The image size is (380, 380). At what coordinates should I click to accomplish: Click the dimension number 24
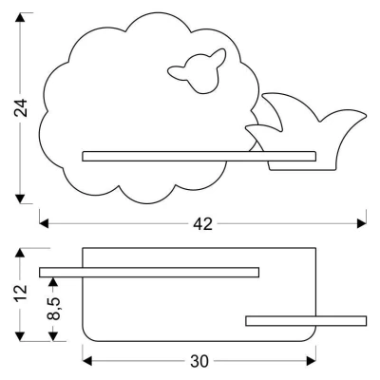point(21,108)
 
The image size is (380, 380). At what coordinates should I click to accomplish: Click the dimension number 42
point(202,224)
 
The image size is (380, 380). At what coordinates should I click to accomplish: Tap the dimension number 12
point(21,294)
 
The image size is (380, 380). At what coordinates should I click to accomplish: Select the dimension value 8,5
point(54,309)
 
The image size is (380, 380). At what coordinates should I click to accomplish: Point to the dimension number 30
point(199,361)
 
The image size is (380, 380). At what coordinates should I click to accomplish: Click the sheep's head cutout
point(197,71)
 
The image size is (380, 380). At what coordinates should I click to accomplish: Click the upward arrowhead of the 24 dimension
point(20,18)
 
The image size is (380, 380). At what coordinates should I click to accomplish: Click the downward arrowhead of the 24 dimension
point(20,199)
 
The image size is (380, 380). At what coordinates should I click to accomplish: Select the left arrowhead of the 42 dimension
point(44,223)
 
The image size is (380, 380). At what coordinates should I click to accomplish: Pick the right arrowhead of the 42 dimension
point(362,223)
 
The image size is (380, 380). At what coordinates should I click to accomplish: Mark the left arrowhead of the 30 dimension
point(87,360)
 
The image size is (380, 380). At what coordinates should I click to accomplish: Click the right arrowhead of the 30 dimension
point(312,360)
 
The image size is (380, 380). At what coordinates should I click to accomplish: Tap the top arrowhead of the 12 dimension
point(20,253)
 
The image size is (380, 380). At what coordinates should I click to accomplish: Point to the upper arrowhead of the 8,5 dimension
point(53,282)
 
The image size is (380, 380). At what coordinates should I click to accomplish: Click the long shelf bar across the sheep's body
point(199,157)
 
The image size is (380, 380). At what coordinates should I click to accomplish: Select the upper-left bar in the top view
point(149,273)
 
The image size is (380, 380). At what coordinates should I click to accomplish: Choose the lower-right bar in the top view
point(306,321)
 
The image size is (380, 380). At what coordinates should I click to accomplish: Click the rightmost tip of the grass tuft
point(366,116)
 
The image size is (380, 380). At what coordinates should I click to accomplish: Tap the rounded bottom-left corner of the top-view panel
point(85,337)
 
